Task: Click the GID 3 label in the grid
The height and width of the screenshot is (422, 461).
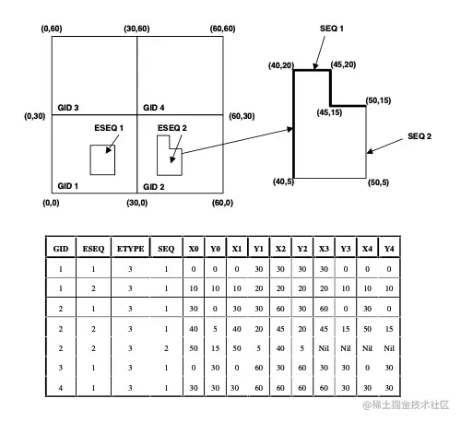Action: tap(68, 108)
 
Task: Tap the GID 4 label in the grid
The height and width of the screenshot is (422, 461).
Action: tap(154, 108)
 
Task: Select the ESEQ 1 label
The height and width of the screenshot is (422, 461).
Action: tap(109, 128)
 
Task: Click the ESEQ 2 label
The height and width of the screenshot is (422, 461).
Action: tap(172, 128)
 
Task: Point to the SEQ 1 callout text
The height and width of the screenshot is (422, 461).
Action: tap(332, 29)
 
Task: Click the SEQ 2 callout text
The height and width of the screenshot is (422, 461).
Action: tap(420, 136)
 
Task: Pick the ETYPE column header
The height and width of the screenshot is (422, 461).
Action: tap(130, 249)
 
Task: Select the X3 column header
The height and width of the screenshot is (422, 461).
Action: tap(324, 249)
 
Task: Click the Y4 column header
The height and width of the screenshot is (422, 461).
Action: tap(389, 249)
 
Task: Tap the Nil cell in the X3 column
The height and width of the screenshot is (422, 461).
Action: tap(324, 348)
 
